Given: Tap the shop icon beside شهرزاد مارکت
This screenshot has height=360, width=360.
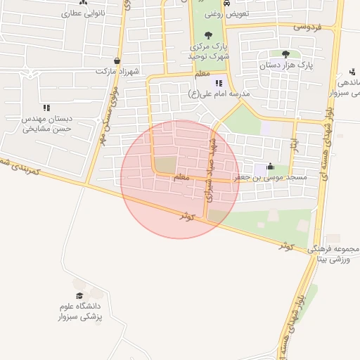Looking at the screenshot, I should click(x=116, y=61).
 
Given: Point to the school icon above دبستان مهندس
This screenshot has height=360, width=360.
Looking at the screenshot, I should click(x=46, y=108).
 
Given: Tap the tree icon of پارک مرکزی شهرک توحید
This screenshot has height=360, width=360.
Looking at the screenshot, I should click(x=207, y=35).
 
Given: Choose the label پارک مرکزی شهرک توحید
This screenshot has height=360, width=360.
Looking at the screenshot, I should click(x=207, y=51).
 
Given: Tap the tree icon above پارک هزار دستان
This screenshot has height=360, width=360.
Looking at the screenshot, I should click(x=285, y=54).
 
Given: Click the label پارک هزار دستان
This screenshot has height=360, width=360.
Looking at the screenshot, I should click(x=285, y=65).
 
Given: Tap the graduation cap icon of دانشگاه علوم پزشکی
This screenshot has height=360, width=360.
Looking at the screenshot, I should click(x=79, y=295).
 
